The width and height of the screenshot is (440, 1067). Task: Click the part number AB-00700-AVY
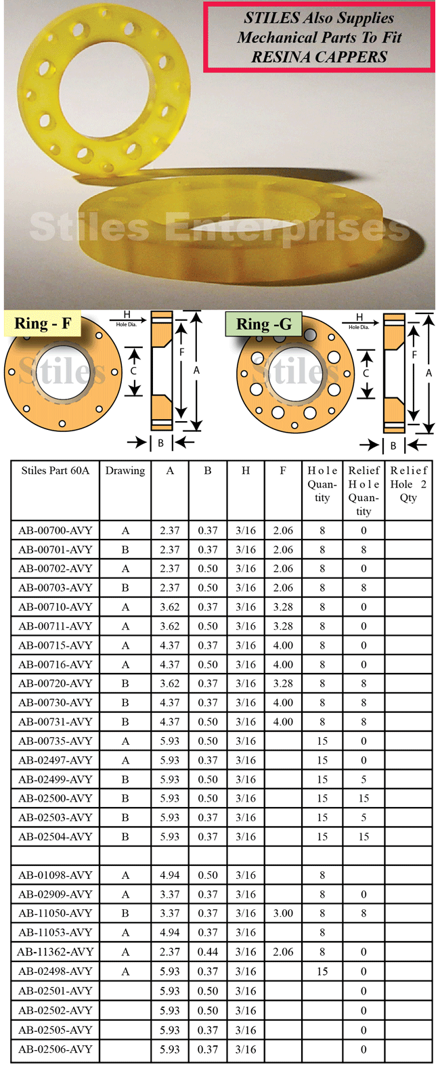pos(55,530)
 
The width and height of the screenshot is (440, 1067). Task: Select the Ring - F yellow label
pos(42,324)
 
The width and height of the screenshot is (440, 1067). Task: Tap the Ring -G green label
pos(263,324)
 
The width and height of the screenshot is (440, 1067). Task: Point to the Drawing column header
pos(125,471)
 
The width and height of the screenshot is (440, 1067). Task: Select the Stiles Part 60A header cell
pos(55,471)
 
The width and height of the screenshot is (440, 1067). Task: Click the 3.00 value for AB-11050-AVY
pos(283,913)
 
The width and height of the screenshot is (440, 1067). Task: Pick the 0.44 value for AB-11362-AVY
pos(208,951)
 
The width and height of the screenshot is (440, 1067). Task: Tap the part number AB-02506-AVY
pos(55,1049)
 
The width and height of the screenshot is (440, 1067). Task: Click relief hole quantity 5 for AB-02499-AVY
pos(364,779)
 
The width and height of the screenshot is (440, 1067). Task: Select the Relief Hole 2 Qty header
pos(408,483)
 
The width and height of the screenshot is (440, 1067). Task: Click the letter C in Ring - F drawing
pos(133,371)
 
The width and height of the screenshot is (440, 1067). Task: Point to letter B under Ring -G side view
pos(393,445)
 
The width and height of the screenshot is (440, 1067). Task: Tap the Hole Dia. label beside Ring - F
pos(126,324)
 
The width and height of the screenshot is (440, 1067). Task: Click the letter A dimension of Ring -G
pos(429,372)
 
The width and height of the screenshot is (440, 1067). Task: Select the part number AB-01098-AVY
pos(55,875)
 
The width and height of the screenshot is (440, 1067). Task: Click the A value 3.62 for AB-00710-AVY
pos(170,607)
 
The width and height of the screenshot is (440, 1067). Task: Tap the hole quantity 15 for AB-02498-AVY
pos(322,971)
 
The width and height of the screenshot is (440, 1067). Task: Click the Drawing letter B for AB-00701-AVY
pos(125,549)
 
